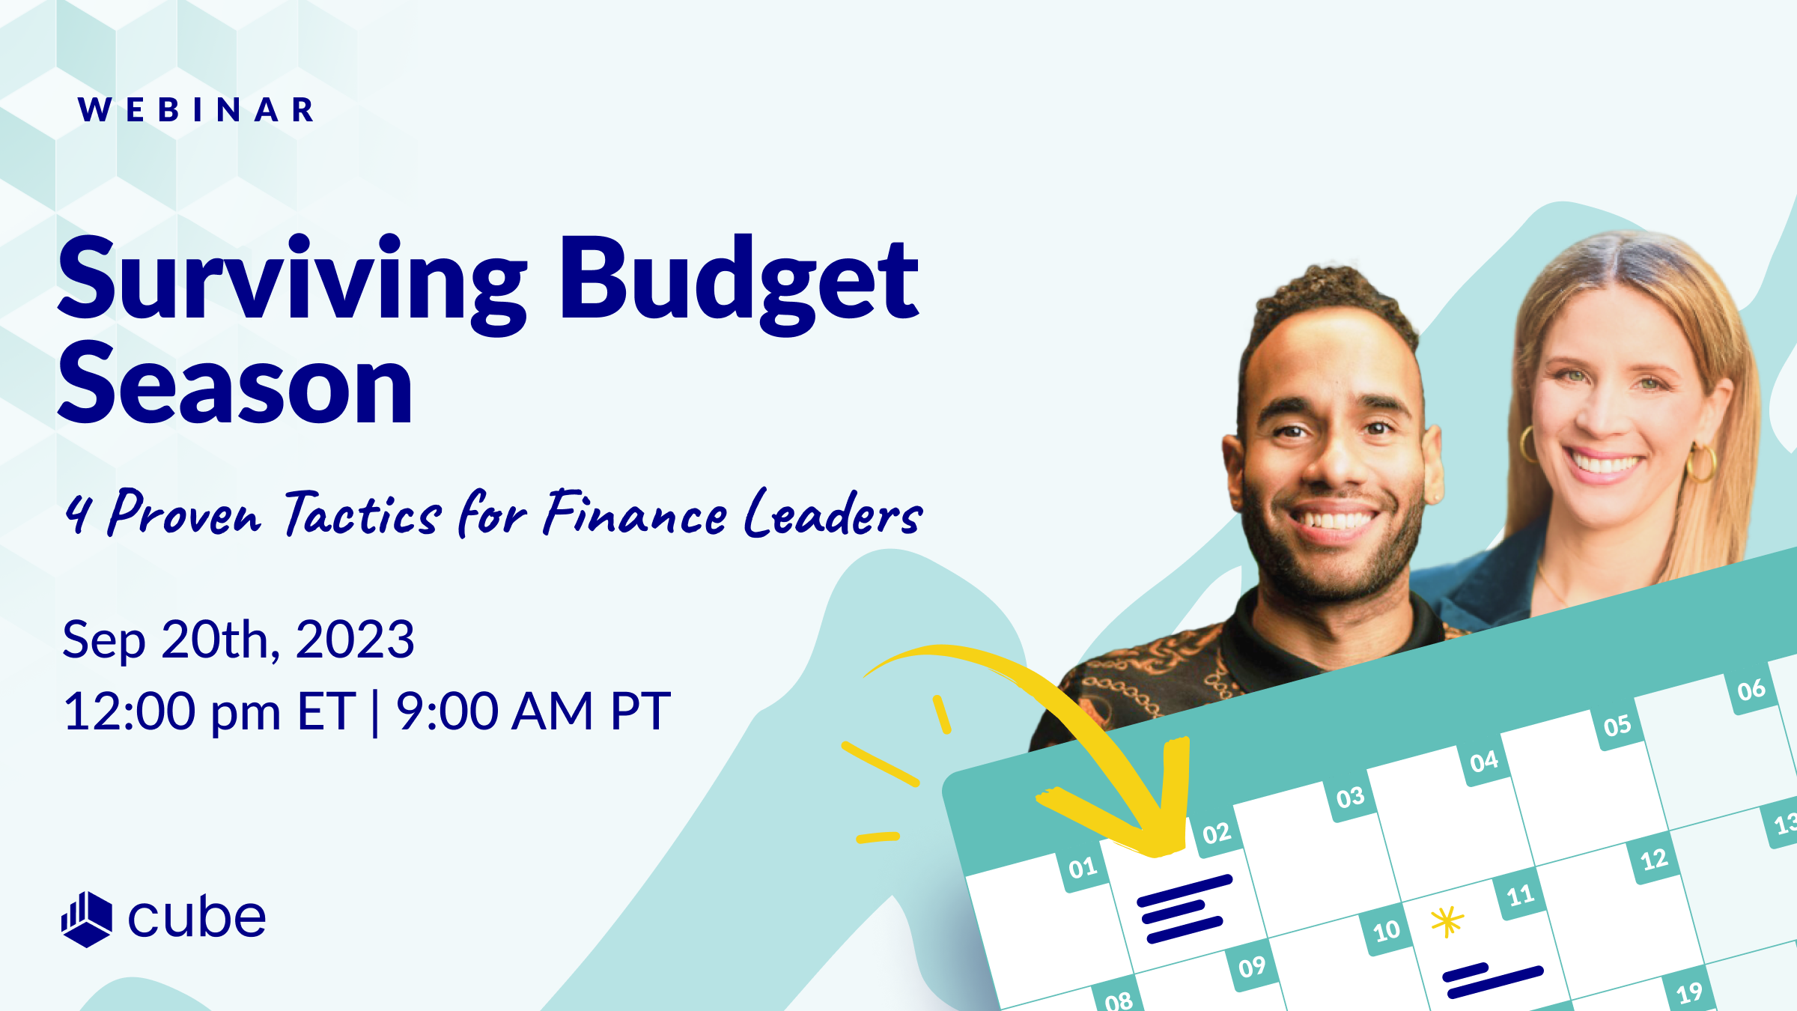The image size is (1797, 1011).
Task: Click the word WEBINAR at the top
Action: click(196, 110)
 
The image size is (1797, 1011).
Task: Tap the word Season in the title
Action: click(235, 386)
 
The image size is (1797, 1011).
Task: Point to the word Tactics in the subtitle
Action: click(363, 515)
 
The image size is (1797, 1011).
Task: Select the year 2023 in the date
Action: click(355, 640)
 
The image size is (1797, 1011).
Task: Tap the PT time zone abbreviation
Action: click(640, 711)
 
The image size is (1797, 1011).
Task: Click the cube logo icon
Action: click(87, 919)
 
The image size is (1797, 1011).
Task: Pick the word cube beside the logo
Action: click(197, 917)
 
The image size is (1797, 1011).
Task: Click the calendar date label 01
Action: click(1083, 869)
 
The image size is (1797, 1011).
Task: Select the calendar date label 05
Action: click(1617, 726)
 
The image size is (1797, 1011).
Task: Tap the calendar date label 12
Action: click(1654, 859)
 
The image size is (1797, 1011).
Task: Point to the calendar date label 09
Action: click(1252, 968)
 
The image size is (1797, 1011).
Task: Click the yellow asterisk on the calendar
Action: click(1447, 921)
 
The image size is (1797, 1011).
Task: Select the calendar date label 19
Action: click(1689, 993)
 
